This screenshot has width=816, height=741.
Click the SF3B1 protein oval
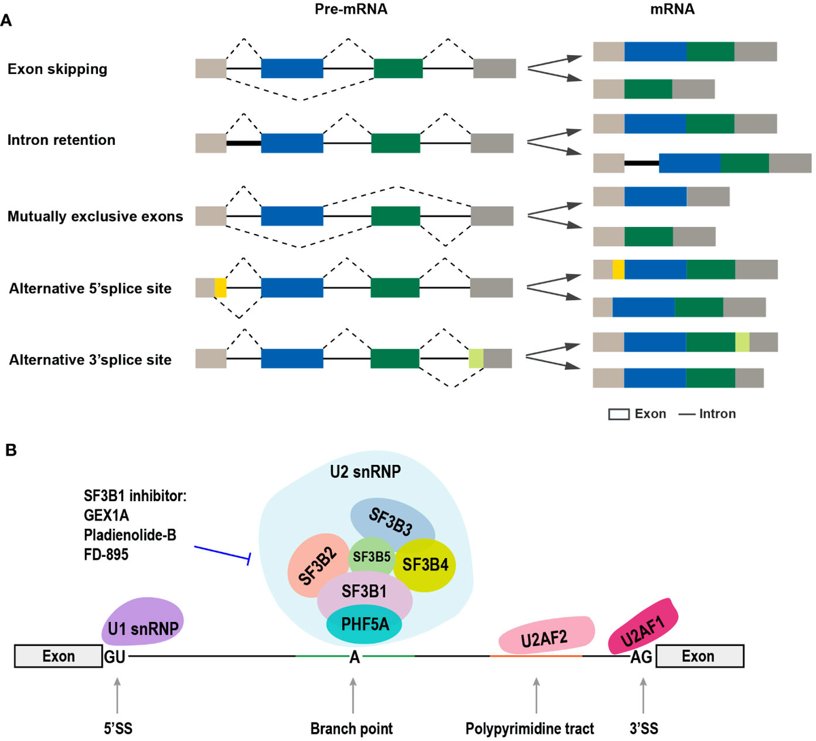click(364, 592)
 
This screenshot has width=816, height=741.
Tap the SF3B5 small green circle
click(371, 557)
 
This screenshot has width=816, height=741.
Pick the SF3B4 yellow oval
click(426, 564)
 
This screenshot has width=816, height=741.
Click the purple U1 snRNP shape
click(143, 621)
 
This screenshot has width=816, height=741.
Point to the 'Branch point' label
click(352, 729)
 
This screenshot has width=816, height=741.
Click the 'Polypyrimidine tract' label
click(530, 729)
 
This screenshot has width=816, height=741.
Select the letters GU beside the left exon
click(114, 657)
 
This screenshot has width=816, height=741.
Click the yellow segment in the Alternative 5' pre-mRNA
click(220, 288)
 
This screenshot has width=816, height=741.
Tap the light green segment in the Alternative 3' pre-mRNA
click(476, 358)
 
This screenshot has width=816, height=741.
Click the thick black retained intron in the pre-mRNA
click(243, 143)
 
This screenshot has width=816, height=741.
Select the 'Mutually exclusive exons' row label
click(95, 217)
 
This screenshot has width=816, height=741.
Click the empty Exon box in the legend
click(618, 414)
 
